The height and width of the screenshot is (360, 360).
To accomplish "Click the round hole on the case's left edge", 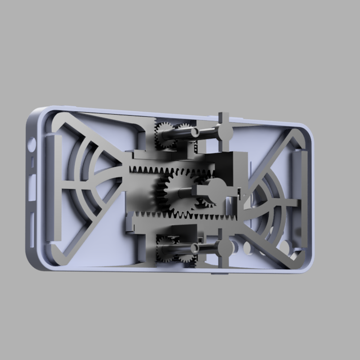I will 32,144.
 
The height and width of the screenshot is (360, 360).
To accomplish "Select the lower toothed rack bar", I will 152,215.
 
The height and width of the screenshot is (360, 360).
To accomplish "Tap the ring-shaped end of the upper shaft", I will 195,132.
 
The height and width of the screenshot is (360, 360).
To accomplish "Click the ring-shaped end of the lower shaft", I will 196,247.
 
